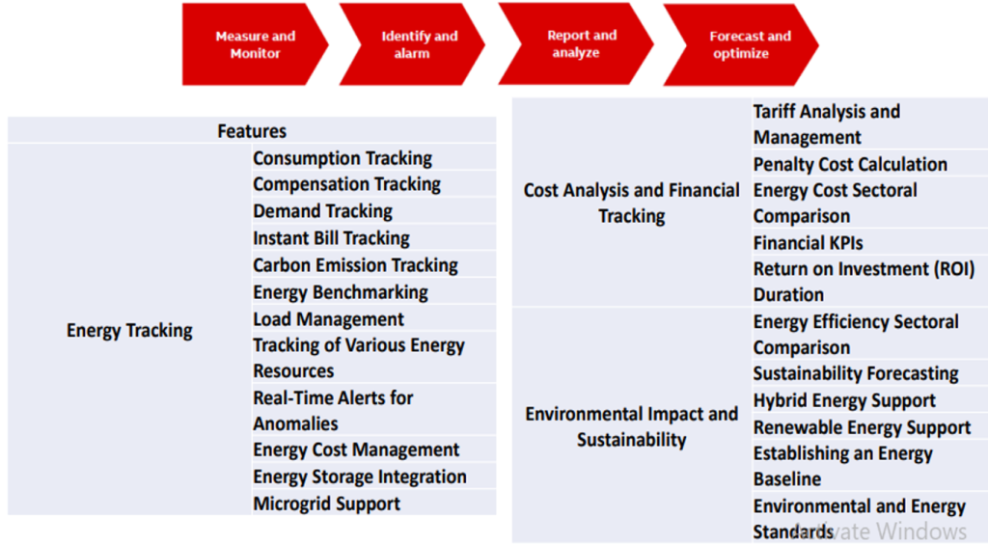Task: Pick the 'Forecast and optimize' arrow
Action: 741,44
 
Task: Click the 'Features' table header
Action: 252,131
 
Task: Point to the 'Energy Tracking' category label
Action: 129,330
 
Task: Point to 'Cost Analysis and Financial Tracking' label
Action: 631,203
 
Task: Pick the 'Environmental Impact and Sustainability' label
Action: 631,426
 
